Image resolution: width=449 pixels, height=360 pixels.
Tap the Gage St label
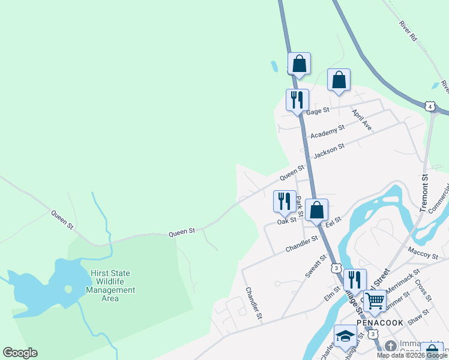click(318, 111)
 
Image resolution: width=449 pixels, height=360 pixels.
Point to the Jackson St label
click(329, 150)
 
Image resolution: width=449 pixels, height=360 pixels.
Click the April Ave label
click(362, 120)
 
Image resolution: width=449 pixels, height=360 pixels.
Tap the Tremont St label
click(424, 193)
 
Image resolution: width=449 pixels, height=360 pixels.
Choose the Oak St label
click(287, 221)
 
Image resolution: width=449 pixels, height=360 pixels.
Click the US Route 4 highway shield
click(429, 106)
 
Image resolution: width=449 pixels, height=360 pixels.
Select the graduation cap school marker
click(345, 336)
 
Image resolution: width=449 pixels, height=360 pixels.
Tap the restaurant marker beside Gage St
click(297, 100)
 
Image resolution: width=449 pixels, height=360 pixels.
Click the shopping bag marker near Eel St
click(317, 210)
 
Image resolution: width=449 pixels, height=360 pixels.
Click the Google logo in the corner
click(20, 353)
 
